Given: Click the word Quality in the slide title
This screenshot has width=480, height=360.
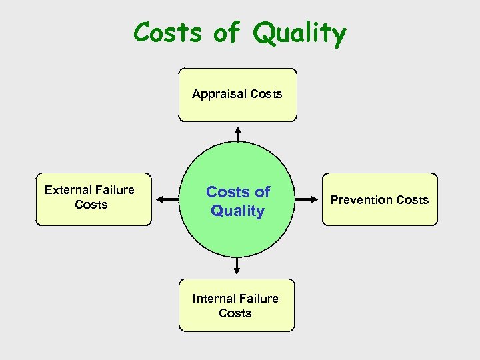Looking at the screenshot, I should coord(299,33).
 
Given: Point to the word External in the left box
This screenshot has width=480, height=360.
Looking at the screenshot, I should coord(69,190).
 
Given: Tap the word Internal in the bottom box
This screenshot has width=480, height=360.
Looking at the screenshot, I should coord(213,299).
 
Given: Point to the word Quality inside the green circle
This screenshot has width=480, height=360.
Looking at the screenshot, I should coord(238,211).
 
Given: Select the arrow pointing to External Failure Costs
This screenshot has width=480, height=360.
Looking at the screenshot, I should coord(167,199).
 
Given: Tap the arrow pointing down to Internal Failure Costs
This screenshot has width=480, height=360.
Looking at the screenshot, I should coord(237,266).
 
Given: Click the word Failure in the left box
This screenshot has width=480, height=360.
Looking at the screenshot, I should coord(115,190).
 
